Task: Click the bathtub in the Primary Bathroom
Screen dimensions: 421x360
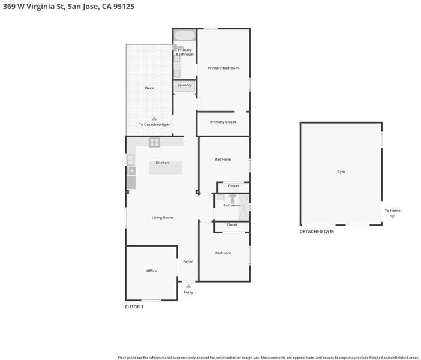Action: point(185,35)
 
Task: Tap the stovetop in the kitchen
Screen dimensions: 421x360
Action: point(154,142)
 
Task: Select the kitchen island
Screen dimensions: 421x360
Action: point(166,167)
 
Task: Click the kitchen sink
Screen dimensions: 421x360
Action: point(130,160)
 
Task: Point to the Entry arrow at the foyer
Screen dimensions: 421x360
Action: point(188,286)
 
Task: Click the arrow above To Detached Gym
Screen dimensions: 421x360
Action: point(154,118)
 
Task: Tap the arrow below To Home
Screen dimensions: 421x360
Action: point(393,217)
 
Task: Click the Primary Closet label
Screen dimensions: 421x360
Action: point(223,122)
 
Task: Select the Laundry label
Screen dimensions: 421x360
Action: point(185,85)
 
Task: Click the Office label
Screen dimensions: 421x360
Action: point(152,271)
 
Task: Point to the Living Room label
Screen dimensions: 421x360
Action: point(162,218)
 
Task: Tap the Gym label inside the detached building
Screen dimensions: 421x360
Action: point(341,172)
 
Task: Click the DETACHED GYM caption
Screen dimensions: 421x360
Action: point(317,232)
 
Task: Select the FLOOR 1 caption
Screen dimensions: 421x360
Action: point(134,307)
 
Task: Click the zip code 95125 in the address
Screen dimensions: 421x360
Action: point(124,6)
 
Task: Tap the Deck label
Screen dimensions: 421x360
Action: point(149,88)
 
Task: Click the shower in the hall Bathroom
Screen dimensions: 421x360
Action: point(244,208)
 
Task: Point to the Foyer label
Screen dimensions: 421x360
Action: point(188,262)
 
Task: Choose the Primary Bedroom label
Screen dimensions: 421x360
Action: point(223,68)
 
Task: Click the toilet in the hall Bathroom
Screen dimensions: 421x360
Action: point(233,199)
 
